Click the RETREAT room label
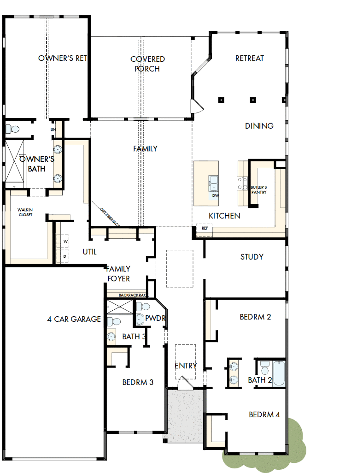click(x=250, y=58)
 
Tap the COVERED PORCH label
click(x=147, y=64)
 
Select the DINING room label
click(x=259, y=126)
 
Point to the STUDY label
click(x=252, y=257)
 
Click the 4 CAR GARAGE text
click(x=74, y=319)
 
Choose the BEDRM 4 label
click(x=264, y=414)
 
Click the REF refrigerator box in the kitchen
click(x=205, y=228)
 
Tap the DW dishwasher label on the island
click(x=216, y=195)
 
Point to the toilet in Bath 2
click(x=264, y=368)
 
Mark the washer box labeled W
click(x=65, y=241)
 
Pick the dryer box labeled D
click(x=65, y=255)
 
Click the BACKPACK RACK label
click(x=133, y=295)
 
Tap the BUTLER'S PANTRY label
click(x=258, y=189)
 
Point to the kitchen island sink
click(x=213, y=183)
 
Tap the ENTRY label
click(x=186, y=366)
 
